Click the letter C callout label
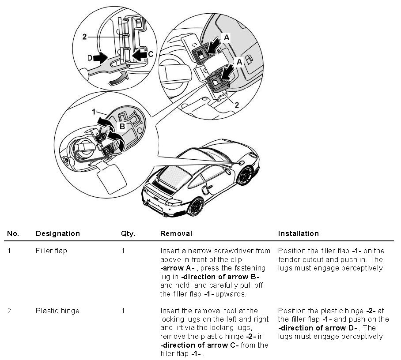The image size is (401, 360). coord(151,54)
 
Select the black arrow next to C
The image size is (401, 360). coord(139,55)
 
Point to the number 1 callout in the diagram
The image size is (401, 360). coord(94,112)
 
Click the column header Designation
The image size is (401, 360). coord(57,233)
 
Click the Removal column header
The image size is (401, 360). coord(176,233)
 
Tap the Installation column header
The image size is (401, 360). coord(298,233)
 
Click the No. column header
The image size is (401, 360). coord(13,233)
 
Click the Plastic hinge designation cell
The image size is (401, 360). coord(57,311)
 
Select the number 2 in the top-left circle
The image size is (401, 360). coord(84,37)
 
